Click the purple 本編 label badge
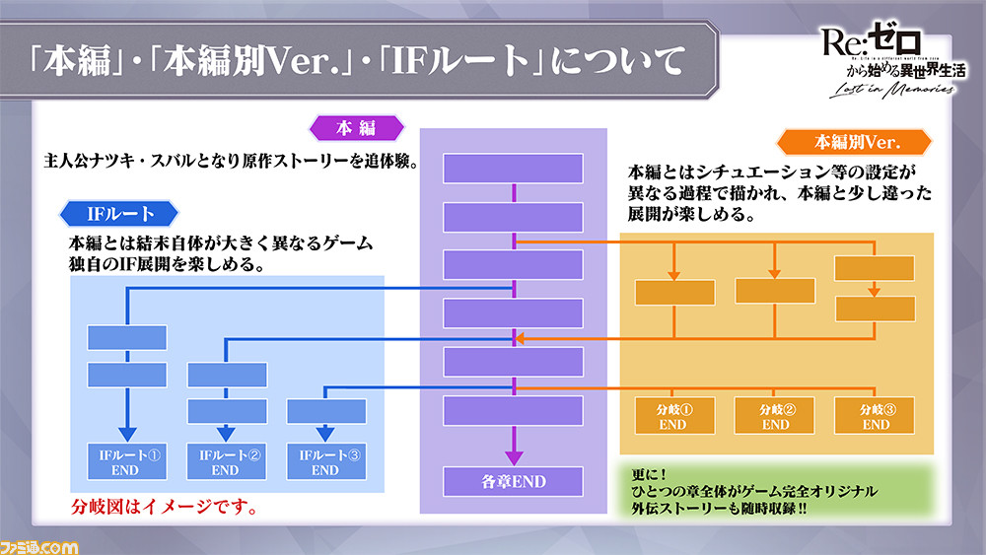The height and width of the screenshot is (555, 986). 357,128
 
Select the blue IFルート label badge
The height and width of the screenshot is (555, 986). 119,214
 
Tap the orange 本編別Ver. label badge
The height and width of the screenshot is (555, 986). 855,142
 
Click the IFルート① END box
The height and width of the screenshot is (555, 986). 127,462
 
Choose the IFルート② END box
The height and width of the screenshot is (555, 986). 227,462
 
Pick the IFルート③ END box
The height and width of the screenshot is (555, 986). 326,462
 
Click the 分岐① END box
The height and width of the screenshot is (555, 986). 674,416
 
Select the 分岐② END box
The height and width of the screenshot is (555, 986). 775,416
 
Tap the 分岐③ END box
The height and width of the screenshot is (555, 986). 875,416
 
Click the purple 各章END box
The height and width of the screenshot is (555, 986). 513,482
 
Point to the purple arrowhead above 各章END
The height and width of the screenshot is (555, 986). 514,457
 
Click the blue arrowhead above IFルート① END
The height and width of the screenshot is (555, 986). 127,435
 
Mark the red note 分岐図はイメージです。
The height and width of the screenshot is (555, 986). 165,507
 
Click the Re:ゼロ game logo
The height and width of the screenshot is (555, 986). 893,60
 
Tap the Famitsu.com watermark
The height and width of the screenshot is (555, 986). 39,547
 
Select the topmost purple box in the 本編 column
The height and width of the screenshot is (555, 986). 513,169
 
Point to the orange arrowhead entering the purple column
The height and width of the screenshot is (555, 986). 520,339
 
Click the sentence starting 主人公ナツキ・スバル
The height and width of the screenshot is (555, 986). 231,162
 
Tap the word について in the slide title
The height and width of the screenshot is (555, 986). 617,61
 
